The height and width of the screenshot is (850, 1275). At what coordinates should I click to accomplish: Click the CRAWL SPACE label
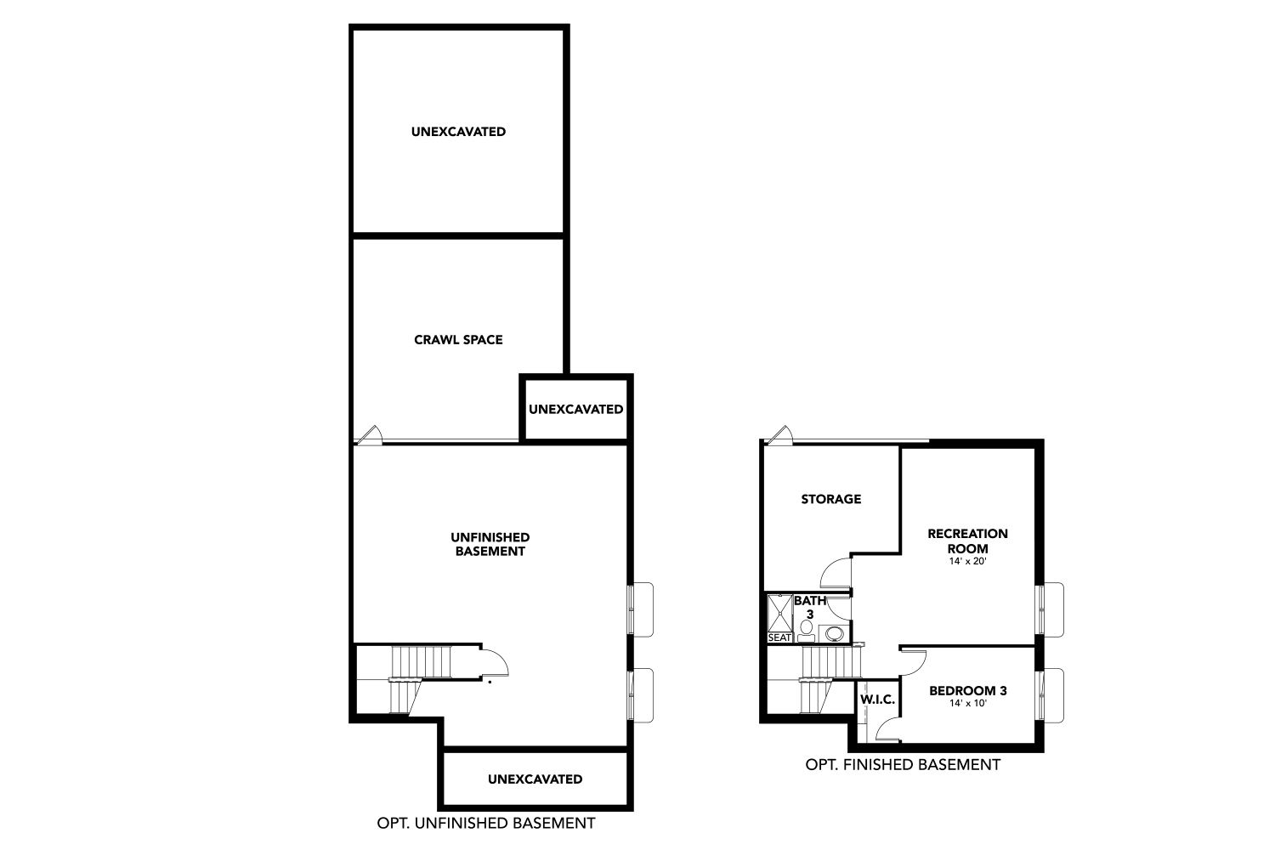[458, 340]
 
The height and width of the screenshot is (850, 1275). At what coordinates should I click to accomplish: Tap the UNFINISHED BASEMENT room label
[490, 544]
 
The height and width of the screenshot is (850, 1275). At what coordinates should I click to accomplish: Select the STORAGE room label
[831, 499]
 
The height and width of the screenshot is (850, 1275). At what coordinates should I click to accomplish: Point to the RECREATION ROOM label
[967, 541]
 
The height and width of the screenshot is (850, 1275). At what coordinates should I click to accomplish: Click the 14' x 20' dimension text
[967, 561]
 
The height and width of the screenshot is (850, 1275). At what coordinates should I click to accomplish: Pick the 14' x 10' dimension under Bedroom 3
[967, 703]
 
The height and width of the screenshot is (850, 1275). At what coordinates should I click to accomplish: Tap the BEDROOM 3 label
[967, 690]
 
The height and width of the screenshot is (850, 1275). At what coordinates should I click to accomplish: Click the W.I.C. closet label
[878, 700]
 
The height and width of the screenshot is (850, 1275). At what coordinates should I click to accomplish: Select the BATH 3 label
[810, 608]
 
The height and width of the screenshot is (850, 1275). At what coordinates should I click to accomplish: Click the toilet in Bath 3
[806, 631]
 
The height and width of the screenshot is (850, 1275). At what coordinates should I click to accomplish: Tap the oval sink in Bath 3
[835, 633]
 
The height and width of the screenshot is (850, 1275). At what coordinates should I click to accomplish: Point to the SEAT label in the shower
[779, 638]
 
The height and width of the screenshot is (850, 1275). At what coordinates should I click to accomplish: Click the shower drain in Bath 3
[779, 613]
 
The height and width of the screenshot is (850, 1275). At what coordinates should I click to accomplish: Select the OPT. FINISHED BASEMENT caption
[903, 765]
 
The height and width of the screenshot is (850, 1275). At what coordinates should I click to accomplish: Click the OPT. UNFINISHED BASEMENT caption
[486, 824]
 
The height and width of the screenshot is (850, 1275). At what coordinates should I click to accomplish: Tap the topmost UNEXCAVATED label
[458, 132]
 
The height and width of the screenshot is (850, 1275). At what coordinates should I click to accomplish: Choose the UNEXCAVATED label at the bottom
[535, 779]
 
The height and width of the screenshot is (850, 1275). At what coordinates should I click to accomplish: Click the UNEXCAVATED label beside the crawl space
[576, 410]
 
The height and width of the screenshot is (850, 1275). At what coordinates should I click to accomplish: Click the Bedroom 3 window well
[1053, 695]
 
